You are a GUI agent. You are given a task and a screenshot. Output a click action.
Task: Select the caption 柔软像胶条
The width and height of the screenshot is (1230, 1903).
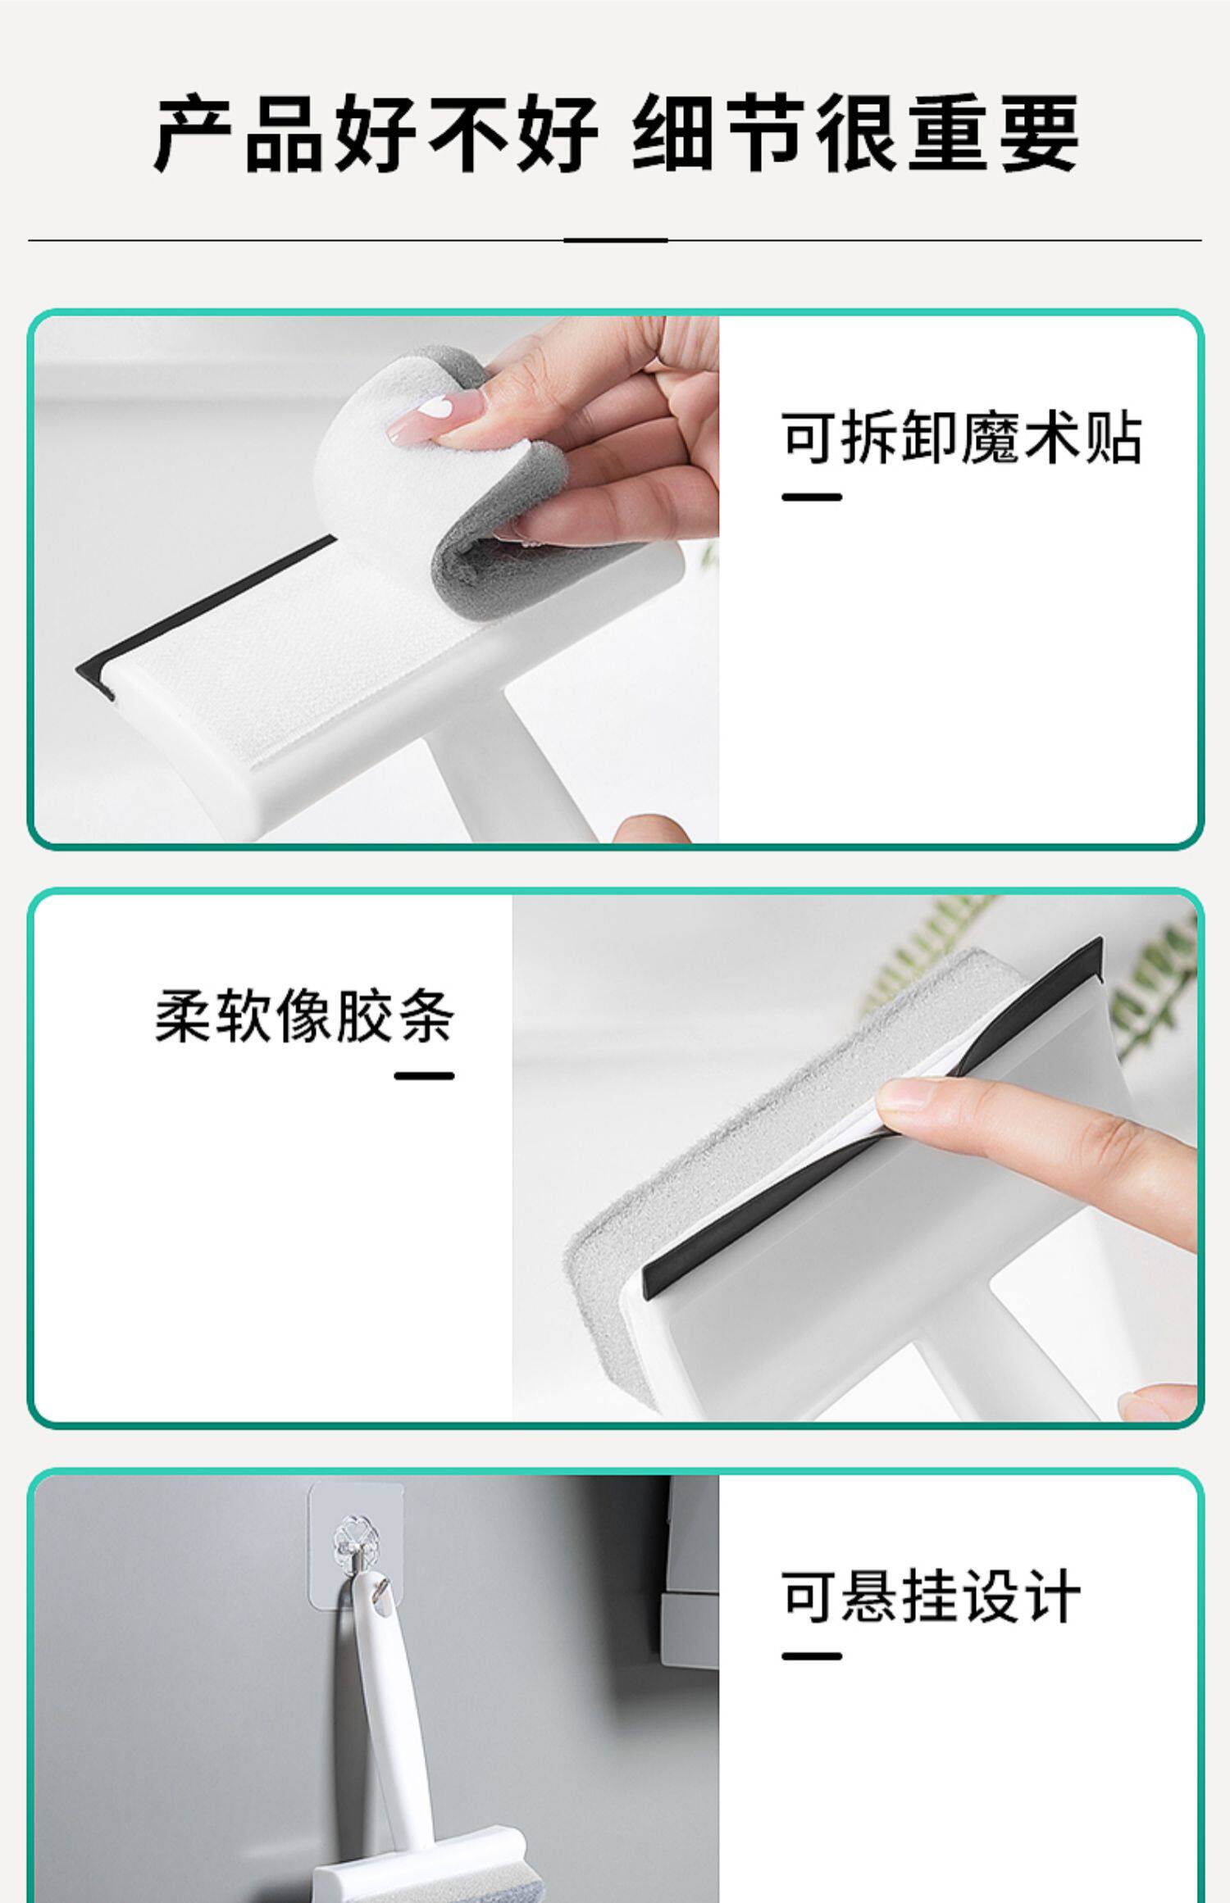pos(304,1016)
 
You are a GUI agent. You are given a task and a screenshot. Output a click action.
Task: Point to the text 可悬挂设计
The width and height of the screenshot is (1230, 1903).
pos(931,1596)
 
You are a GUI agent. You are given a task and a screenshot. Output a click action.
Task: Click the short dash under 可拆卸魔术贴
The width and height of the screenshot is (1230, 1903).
pos(812,497)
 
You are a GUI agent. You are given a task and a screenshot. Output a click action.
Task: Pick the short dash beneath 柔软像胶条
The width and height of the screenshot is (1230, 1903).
pos(424,1076)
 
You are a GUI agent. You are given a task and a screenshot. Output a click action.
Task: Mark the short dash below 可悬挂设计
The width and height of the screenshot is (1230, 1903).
pos(812,1655)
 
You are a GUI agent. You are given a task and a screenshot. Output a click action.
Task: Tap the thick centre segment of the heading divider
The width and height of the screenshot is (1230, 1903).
pos(615,240)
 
